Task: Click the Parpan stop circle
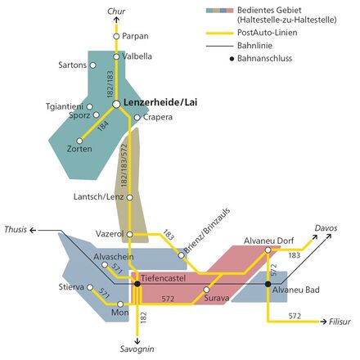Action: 116,36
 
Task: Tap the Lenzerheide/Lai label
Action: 160,102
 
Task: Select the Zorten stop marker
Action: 79,141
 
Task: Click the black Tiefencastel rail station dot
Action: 137,284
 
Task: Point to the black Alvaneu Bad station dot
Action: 268,284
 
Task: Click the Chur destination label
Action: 116,11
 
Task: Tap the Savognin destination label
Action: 137,349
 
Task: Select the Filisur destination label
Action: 340,322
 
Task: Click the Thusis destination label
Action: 16,229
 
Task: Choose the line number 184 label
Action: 103,126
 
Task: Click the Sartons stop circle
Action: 93,65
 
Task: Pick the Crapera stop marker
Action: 137,118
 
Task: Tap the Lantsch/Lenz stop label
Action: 98,196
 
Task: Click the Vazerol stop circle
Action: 130,234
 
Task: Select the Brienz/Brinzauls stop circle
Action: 181,255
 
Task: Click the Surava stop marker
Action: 207,290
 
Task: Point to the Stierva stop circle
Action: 90,287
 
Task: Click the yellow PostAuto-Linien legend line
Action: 219,34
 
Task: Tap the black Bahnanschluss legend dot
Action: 232,59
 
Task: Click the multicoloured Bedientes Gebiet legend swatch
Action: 219,11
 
